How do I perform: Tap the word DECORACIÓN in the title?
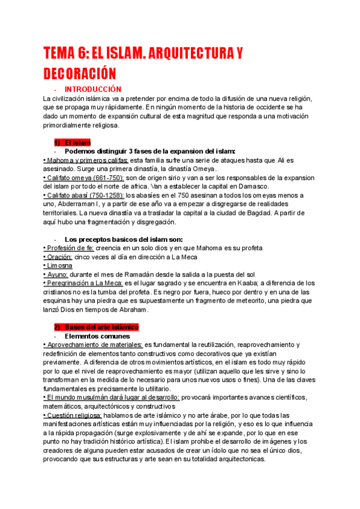[x=78, y=74]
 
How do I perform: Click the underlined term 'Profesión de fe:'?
[x=69, y=248]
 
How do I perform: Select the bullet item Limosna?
[x=59, y=266]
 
